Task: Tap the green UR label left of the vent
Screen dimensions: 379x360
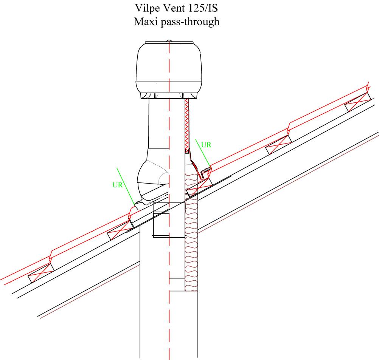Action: click(x=118, y=185)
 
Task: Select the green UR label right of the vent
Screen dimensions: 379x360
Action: click(x=206, y=145)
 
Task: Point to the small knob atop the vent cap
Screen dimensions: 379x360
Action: click(x=169, y=40)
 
